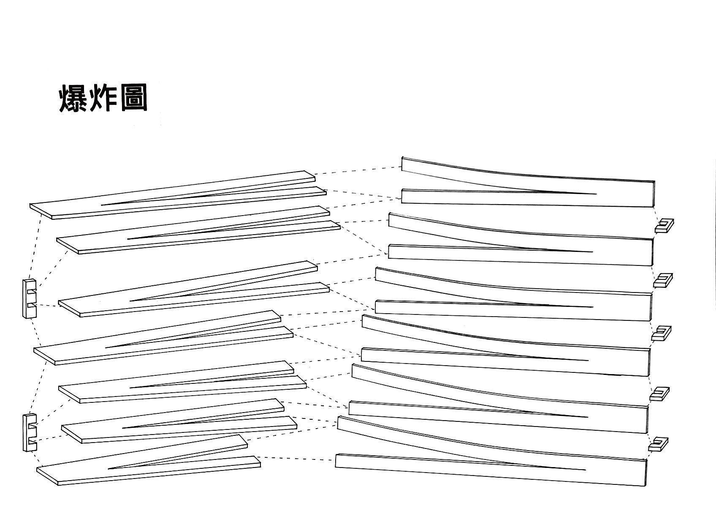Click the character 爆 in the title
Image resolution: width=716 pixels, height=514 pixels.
pyautogui.click(x=73, y=98)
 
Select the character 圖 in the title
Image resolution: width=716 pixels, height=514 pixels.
pyautogui.click(x=133, y=98)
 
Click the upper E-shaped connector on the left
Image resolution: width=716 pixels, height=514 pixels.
pyautogui.click(x=30, y=298)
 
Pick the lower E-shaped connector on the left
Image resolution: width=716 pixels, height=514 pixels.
pyautogui.click(x=30, y=432)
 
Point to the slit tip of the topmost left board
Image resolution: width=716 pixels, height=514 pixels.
pyautogui.click(x=102, y=205)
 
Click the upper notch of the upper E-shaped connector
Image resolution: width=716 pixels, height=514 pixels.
pyautogui.click(x=33, y=291)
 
